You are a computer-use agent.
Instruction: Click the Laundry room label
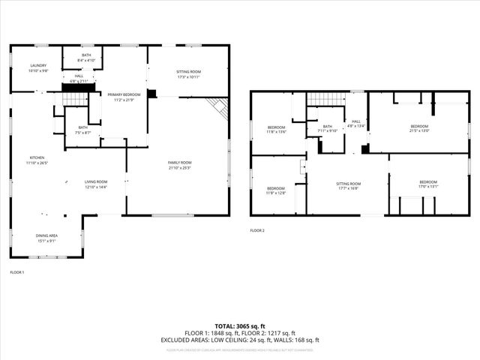[x=38, y=68]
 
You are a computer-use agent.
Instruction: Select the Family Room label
[x=180, y=165]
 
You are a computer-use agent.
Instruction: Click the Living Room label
[x=95, y=184]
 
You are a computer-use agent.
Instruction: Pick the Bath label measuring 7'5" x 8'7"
[x=82, y=130]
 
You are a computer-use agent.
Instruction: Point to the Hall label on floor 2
[x=356, y=124]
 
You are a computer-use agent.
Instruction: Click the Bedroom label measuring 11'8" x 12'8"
[x=275, y=190]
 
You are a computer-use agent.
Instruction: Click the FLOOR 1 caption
[x=16, y=271]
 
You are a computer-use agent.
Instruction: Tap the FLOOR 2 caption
[x=257, y=230]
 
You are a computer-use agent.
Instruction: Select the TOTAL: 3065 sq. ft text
[x=240, y=326]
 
